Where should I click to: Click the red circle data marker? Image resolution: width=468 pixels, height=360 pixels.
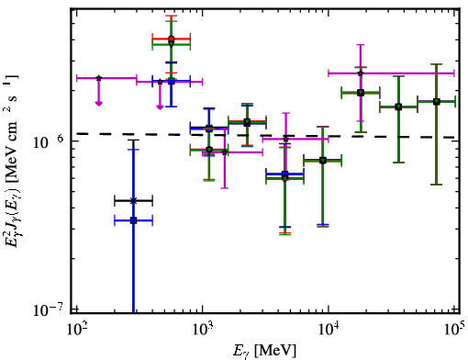coord(172,39)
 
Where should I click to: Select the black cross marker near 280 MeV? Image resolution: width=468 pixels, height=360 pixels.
coord(133,201)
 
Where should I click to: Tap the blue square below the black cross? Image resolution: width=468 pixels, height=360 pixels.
coord(133,220)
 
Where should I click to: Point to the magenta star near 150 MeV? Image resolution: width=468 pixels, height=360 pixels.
coord(98,78)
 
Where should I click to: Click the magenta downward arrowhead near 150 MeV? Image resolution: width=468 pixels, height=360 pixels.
coord(98,104)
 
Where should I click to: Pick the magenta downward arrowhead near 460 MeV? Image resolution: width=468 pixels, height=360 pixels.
coord(160,107)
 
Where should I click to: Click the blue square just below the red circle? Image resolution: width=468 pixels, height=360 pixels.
coord(172,82)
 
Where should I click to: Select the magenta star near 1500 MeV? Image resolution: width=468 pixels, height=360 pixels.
coord(225,152)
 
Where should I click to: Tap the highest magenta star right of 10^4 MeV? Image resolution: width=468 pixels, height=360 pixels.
coord(361,73)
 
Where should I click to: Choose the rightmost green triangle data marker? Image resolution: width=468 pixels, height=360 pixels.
coord(436,102)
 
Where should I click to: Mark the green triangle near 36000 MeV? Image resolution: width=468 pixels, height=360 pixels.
coord(398,107)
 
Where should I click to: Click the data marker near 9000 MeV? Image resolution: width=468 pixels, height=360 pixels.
coord(322,161)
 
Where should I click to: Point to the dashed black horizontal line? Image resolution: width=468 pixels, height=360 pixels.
coord(265,135)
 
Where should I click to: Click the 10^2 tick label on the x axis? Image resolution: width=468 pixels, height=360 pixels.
coord(76,330)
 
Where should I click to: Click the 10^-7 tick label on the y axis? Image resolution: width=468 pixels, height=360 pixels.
coord(50,309)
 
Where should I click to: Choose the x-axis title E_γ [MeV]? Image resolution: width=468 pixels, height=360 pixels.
coord(265,350)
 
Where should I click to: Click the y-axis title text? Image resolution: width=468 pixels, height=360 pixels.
coord(12,160)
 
